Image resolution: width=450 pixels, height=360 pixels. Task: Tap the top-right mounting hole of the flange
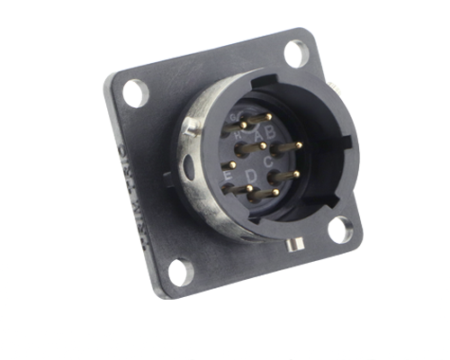(295, 52)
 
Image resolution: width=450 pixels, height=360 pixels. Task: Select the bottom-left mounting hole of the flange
(180, 271)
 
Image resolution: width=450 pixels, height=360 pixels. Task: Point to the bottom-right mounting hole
(339, 229)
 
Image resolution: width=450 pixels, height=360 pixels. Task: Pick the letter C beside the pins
(270, 161)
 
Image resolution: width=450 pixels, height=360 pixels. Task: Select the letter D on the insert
(251, 174)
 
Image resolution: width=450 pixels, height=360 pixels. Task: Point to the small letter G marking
(235, 118)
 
